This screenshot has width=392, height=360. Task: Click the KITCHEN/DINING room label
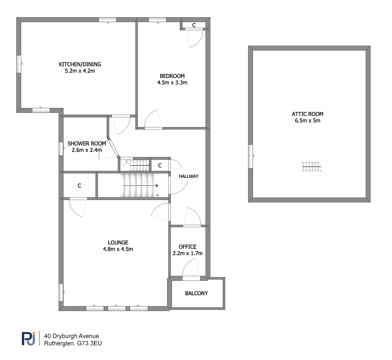(x=80, y=64)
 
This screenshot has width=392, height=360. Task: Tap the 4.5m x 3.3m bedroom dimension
(x=172, y=83)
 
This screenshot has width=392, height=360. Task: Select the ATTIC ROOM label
(x=308, y=114)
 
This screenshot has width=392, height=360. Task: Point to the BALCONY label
(x=196, y=293)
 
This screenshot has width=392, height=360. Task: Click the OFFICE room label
(x=188, y=247)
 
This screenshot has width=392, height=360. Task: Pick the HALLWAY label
(x=189, y=176)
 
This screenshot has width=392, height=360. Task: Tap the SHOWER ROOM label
(x=87, y=144)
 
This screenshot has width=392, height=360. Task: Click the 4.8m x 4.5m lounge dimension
(x=118, y=249)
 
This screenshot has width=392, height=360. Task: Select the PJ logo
(x=28, y=339)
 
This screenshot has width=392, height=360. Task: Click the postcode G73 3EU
(x=89, y=343)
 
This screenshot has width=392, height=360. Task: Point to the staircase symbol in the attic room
(x=311, y=167)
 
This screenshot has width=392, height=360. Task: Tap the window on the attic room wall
(x=251, y=156)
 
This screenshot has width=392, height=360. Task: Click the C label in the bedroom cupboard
(x=194, y=25)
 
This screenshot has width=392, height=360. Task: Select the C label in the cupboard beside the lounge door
(x=79, y=186)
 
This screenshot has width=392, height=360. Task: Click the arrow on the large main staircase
(x=140, y=185)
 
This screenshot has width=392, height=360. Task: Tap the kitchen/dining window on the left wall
(x=19, y=64)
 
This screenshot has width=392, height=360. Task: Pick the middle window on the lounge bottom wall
(x=117, y=308)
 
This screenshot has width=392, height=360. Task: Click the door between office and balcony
(x=191, y=278)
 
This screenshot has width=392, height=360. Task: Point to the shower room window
(x=61, y=149)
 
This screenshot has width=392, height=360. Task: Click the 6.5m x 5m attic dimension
(x=308, y=120)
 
